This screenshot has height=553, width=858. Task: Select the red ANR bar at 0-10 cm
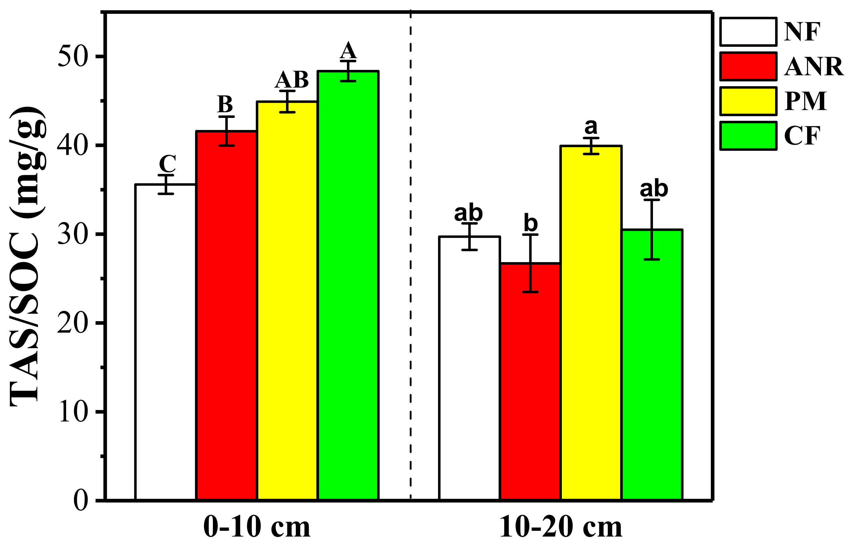tap(226, 316)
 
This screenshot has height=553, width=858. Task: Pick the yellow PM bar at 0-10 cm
tap(287, 302)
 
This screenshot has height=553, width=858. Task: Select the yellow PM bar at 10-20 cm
tap(591, 323)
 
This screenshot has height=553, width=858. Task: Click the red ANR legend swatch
tap(748, 66)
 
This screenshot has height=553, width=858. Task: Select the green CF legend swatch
tap(748, 136)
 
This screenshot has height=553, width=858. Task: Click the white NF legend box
tap(748, 32)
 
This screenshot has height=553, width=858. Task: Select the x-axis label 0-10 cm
tap(257, 527)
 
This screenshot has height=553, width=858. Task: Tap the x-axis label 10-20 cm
tap(561, 527)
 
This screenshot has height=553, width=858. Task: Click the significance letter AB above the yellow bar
tap(292, 80)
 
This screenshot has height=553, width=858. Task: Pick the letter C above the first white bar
tap(167, 164)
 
